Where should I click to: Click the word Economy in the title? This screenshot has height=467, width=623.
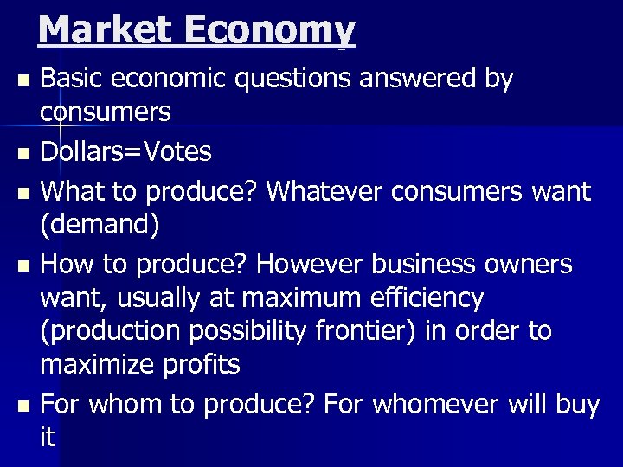270,29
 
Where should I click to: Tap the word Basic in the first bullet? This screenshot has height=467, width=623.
73,79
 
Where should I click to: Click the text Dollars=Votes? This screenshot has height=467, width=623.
125,152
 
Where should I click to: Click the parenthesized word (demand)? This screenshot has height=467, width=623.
100,226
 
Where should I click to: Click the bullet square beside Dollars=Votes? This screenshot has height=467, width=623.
23,154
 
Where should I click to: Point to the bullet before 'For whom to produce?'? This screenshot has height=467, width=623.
23,405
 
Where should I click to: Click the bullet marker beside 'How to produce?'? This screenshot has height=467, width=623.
23,264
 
